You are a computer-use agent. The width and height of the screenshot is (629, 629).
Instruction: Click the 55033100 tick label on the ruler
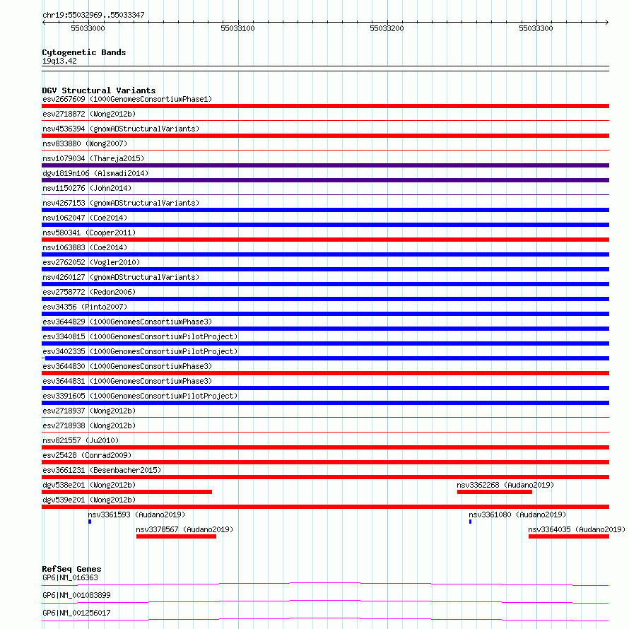[237, 28]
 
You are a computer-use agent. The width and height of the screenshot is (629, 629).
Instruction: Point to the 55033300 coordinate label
[536, 28]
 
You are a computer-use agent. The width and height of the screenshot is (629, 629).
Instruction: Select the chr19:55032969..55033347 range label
[93, 14]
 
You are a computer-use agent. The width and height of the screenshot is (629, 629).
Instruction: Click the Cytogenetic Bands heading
[83, 52]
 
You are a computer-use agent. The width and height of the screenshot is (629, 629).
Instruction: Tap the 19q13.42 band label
[59, 61]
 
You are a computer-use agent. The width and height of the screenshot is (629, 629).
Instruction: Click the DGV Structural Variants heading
[98, 90]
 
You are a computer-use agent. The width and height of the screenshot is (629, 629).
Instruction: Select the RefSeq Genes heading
[71, 569]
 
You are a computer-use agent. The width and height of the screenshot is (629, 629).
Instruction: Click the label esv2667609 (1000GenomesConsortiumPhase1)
[127, 99]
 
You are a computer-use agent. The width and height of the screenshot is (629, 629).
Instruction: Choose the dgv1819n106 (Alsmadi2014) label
[95, 173]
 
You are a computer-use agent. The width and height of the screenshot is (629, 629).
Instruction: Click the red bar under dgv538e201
[127, 492]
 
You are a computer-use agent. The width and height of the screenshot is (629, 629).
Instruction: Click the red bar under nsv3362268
[494, 492]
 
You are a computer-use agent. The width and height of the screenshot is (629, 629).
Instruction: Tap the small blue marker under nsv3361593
[90, 522]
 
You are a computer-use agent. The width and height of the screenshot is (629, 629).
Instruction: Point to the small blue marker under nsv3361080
[470, 522]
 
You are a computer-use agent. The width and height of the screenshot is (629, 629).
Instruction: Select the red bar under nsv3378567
[176, 536]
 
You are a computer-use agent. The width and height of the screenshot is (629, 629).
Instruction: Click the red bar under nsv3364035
[568, 536]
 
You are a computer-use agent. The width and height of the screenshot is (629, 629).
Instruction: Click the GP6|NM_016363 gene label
[70, 578]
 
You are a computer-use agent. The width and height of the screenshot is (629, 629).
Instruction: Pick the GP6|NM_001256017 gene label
[76, 613]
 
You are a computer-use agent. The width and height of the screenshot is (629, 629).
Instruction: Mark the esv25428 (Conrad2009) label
[87, 455]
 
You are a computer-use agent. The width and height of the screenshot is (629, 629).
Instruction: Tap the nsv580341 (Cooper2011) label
[89, 233]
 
